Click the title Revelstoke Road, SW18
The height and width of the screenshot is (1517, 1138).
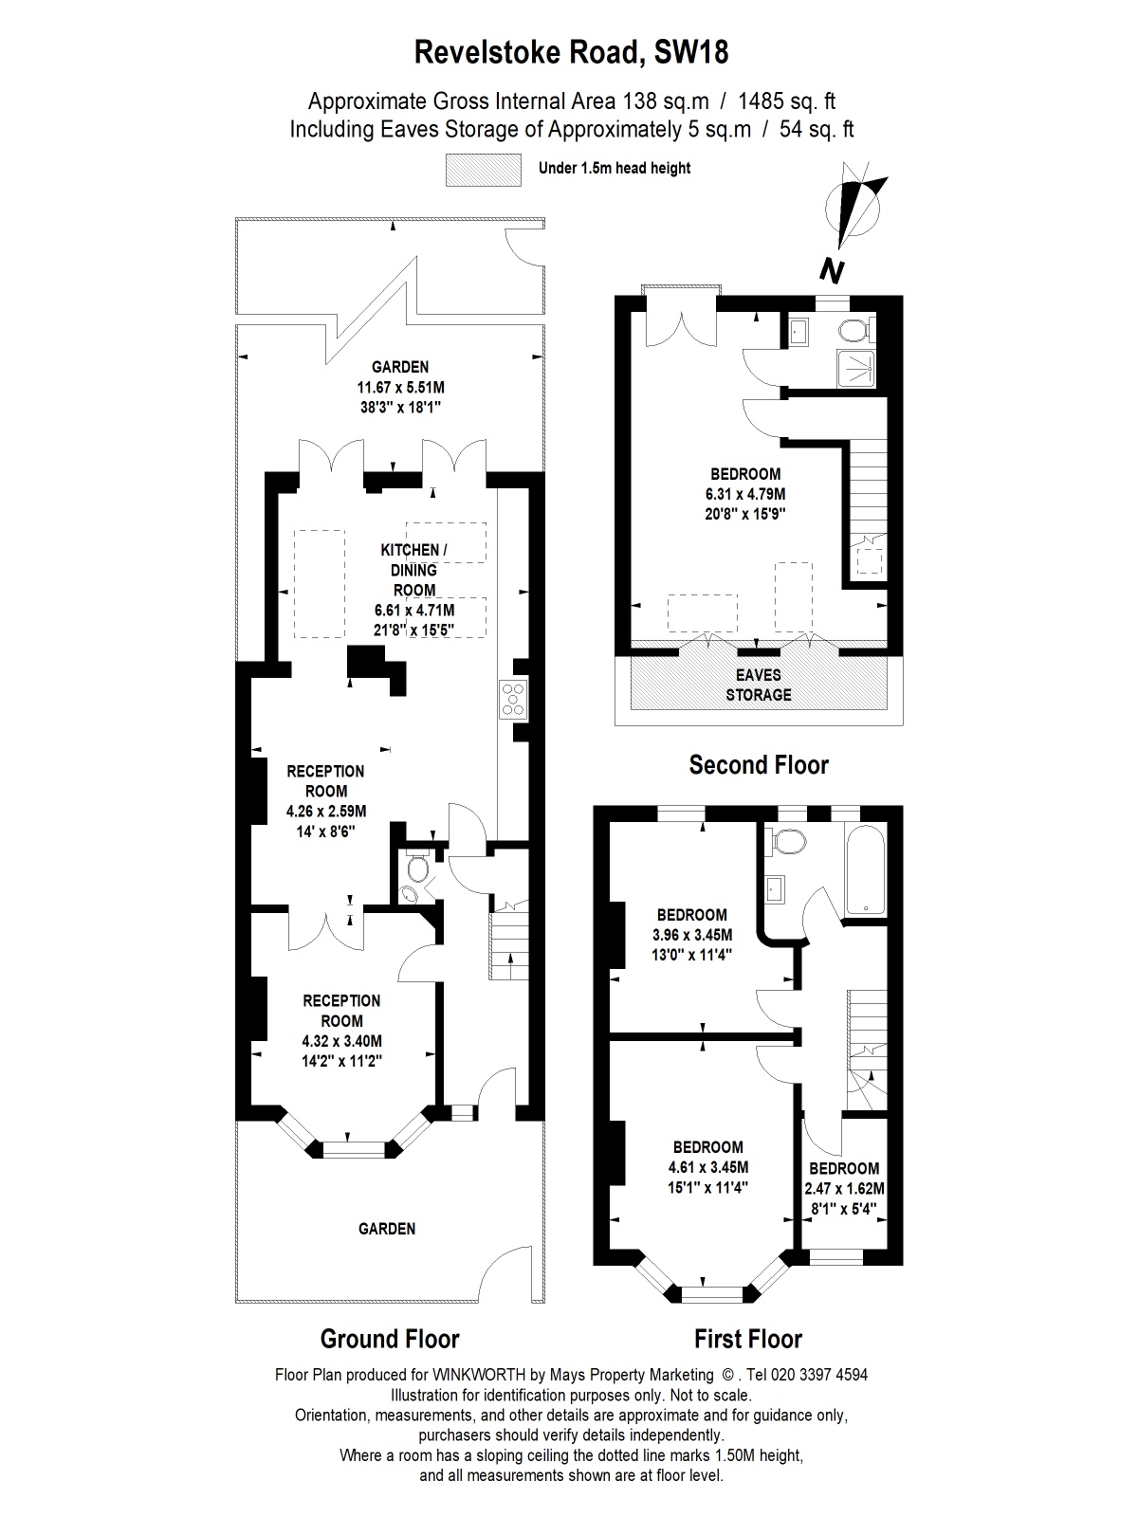[572, 52]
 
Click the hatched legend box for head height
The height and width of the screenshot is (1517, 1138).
[484, 169]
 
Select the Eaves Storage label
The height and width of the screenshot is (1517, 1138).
[759, 685]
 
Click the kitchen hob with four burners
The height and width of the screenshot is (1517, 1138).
[513, 698]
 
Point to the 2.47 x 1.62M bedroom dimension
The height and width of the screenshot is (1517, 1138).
[844, 1189]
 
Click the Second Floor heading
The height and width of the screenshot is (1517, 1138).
[759, 764]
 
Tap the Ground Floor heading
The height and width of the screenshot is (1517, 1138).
[390, 1339]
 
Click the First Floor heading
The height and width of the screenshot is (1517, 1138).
[748, 1339]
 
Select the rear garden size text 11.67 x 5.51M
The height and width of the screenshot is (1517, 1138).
[400, 387]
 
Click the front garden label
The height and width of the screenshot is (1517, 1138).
[387, 1229]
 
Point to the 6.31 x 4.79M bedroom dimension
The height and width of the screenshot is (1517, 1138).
[744, 494]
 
